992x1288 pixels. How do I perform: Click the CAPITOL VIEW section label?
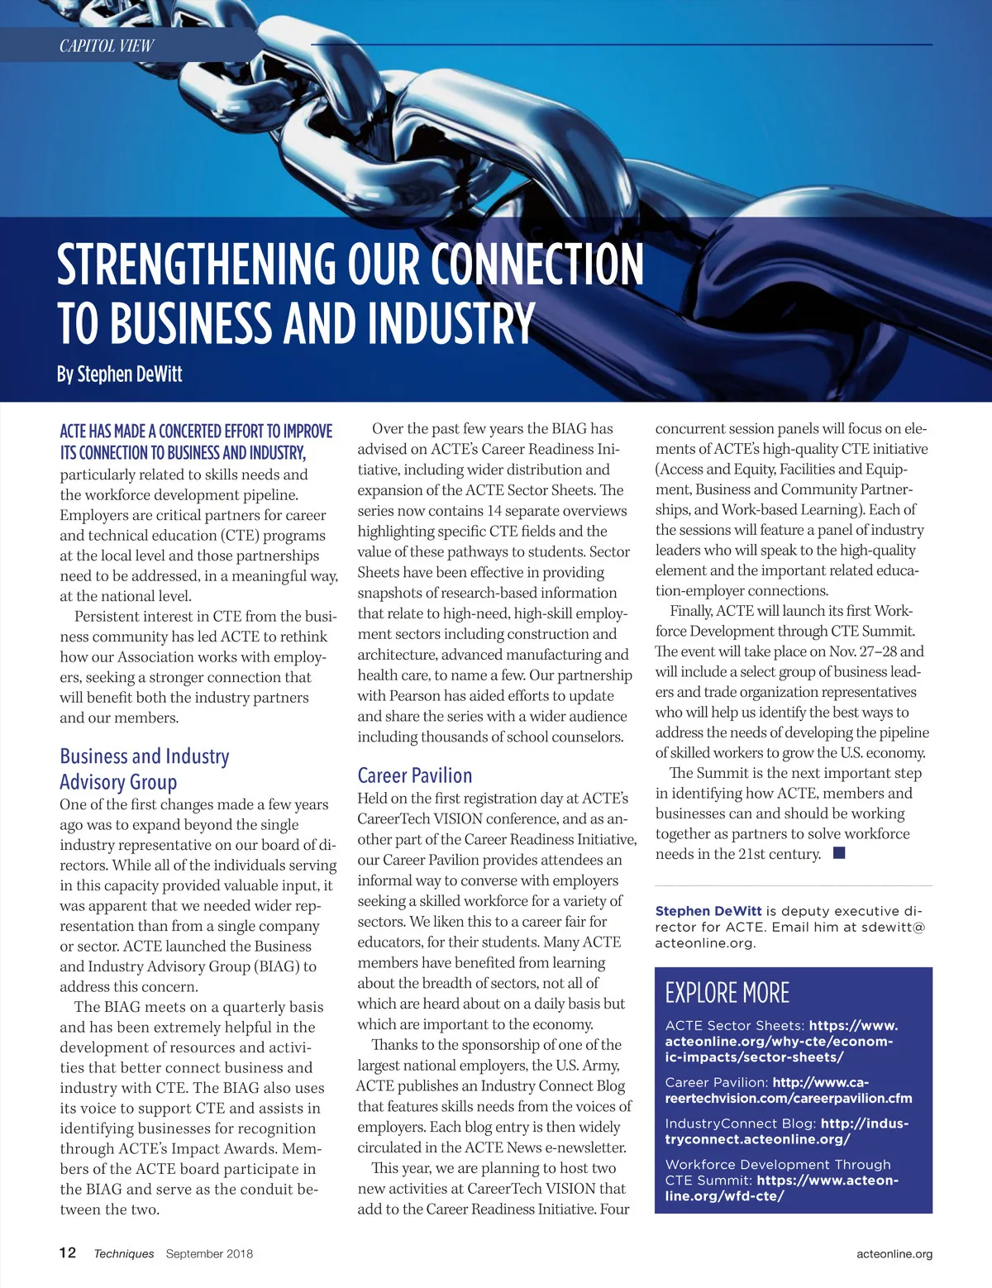(x=107, y=45)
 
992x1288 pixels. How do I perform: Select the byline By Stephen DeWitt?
(x=120, y=374)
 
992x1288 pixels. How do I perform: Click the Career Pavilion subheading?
(x=415, y=775)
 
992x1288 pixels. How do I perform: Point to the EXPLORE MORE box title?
(x=727, y=992)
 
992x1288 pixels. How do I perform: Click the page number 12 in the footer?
(x=68, y=1252)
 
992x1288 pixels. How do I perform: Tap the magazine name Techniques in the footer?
(x=124, y=1253)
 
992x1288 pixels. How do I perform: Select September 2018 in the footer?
(x=209, y=1253)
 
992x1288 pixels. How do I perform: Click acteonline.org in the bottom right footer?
(x=894, y=1253)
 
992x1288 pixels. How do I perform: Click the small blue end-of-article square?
(x=839, y=853)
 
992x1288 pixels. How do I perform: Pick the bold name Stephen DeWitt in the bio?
(x=708, y=910)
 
